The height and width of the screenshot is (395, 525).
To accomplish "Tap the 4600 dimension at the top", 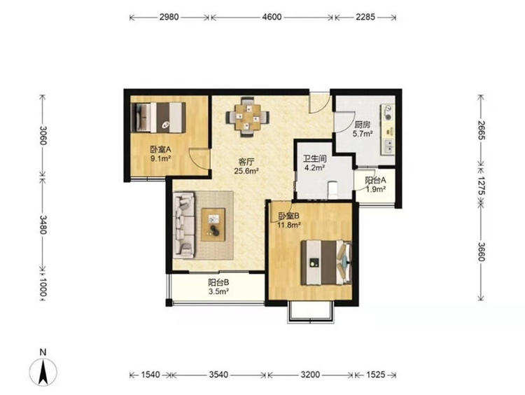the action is tap(272, 17).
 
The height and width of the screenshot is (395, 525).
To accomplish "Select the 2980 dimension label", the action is tap(169, 17).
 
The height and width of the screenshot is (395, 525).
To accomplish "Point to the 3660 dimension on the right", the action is tap(482, 251).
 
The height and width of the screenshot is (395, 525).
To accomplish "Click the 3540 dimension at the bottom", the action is tap(218, 374).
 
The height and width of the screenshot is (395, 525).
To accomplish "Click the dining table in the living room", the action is tap(247, 117).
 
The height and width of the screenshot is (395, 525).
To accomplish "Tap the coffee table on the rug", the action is tap(213, 225).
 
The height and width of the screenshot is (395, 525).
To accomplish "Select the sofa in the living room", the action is tap(184, 225).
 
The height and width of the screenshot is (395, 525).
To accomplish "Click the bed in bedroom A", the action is tap(159, 117).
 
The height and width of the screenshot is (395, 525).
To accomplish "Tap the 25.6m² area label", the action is tap(247, 170).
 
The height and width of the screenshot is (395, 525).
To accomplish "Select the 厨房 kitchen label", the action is tap(363, 125).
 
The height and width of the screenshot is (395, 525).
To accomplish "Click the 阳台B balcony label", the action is tap(218, 282).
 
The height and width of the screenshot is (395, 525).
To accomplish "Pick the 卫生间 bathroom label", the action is tap(314, 158).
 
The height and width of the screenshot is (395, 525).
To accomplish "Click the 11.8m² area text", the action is tap(288, 225).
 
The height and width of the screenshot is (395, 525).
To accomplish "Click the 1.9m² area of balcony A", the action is tap(375, 189).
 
